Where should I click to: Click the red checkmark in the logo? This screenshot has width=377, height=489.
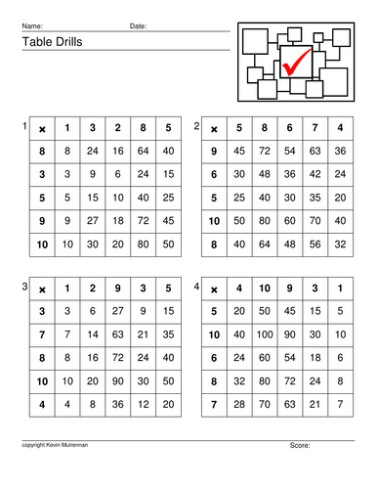(x=297, y=65)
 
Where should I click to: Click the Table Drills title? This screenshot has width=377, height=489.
(x=49, y=41)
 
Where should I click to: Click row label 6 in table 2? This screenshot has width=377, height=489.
(x=213, y=174)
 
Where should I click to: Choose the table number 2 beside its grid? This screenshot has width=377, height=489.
(x=197, y=126)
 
